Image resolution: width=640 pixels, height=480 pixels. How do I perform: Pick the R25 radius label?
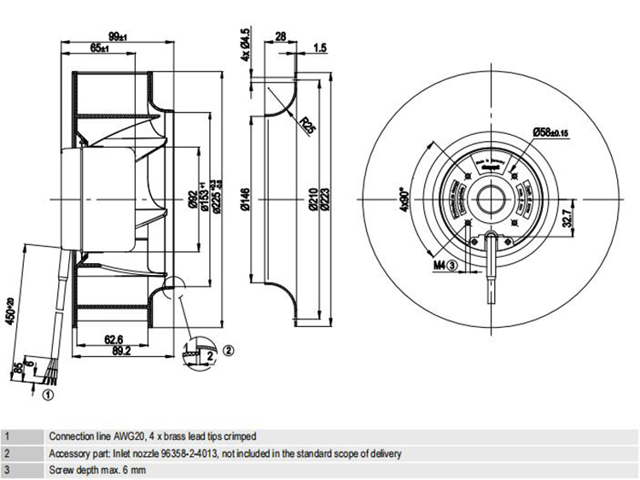click(306, 126)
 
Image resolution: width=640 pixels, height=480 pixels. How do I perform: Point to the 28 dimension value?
click(280, 37)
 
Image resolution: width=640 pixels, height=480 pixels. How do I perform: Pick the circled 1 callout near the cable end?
click(49, 395)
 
